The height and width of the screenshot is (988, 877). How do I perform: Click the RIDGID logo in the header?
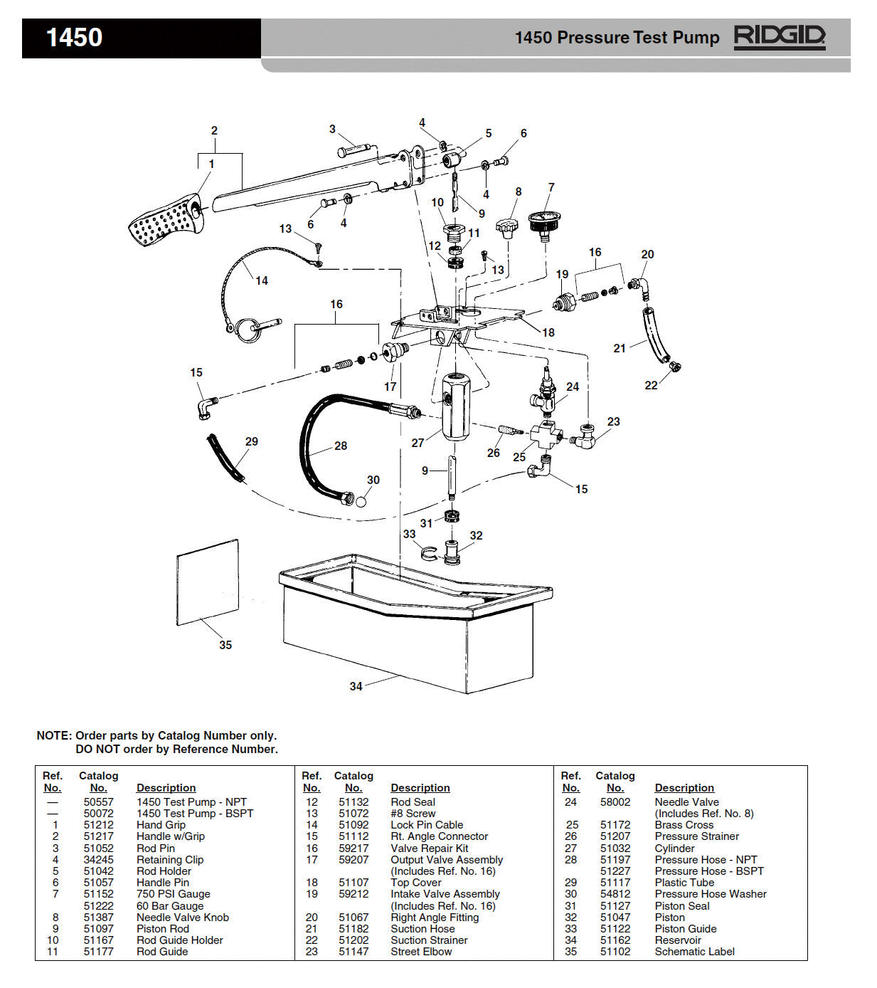click(779, 37)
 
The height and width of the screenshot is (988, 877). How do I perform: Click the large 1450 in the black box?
click(74, 38)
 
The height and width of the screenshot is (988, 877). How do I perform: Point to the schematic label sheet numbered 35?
click(207, 582)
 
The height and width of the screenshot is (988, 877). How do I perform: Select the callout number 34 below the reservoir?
click(356, 686)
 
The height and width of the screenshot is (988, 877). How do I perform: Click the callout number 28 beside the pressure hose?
click(341, 446)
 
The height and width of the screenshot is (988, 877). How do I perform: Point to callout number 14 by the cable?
click(262, 280)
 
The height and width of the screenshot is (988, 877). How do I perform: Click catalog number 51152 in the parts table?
click(98, 894)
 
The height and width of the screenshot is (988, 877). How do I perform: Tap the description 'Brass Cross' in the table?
click(684, 825)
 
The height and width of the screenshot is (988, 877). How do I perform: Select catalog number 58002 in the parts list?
click(615, 802)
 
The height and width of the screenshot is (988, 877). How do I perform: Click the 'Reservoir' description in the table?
click(678, 940)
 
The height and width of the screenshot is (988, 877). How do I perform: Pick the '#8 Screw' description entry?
click(413, 814)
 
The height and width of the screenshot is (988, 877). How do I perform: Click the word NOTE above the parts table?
click(53, 736)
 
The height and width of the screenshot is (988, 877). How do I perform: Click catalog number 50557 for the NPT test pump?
click(98, 802)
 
